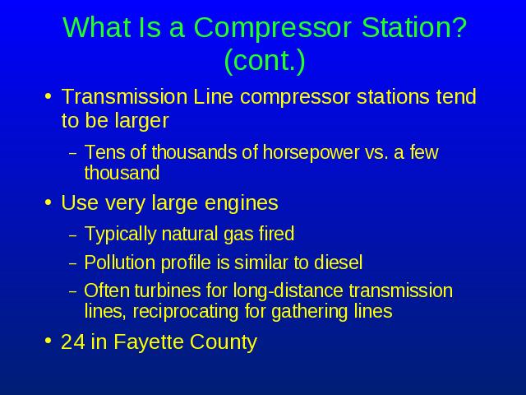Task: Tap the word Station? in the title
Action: (x=414, y=27)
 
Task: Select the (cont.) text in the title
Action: (x=265, y=61)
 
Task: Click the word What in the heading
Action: (x=96, y=27)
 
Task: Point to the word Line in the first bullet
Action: (x=213, y=96)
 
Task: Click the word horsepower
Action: (x=311, y=152)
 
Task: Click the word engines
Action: (x=241, y=203)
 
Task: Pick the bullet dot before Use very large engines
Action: (x=48, y=202)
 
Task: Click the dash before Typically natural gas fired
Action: (x=72, y=235)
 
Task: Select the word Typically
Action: (x=120, y=234)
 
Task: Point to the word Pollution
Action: (x=119, y=263)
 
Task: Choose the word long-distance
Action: (x=288, y=290)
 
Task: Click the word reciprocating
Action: (x=187, y=312)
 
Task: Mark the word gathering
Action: (x=311, y=312)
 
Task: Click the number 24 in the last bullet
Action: (x=73, y=342)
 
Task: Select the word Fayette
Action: (x=149, y=342)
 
